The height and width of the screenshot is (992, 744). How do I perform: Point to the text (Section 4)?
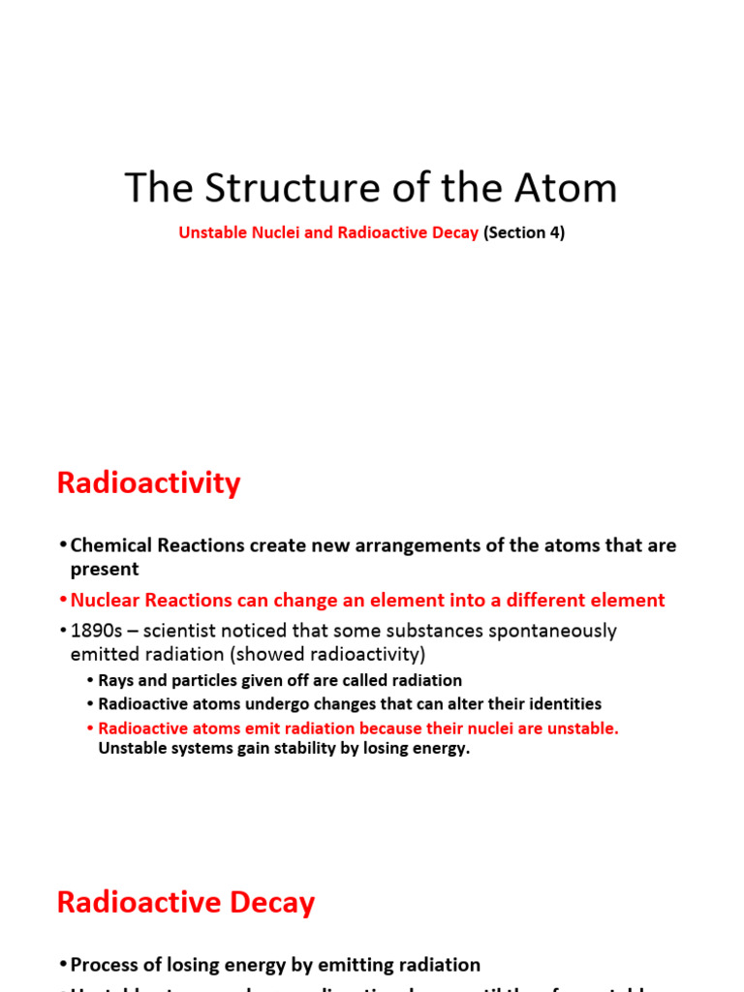coord(524,233)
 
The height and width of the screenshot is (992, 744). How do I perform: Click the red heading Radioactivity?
coord(148,482)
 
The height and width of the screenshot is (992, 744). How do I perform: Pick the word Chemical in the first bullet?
coord(111,545)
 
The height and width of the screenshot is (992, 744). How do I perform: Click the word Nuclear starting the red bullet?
coord(107,601)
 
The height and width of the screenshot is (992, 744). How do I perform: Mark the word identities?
coord(557,704)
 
